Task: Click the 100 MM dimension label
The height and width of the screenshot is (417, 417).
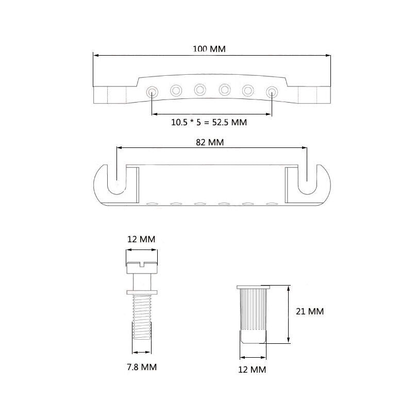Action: pos(209,49)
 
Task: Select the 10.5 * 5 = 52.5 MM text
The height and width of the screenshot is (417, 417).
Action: pos(209,122)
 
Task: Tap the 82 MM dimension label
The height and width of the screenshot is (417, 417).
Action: pos(210,142)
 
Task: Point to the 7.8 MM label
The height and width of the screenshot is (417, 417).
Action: pos(142,367)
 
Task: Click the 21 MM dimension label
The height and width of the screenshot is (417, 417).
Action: pos(310,311)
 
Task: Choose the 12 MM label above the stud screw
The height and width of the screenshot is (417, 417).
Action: pos(141,239)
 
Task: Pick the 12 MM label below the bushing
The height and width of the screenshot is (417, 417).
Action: pos(252,370)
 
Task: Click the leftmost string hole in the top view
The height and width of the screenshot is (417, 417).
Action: pos(152,92)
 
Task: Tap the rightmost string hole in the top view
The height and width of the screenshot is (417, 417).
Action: pos(272,92)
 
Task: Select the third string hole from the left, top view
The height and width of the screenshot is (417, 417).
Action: pos(200,90)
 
